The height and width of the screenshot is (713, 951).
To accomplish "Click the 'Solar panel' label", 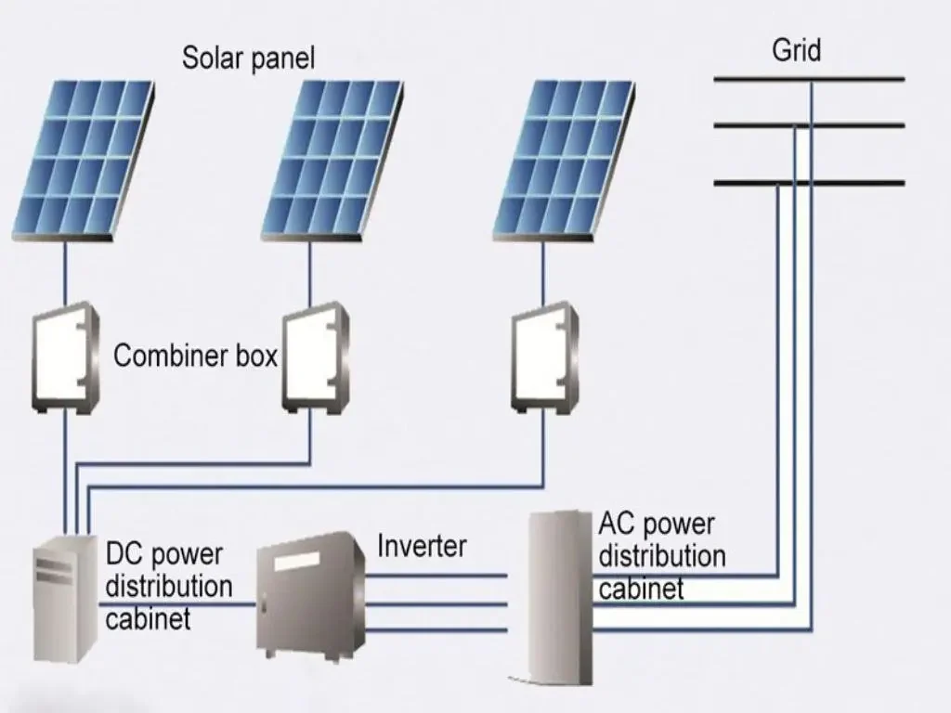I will point(248,58).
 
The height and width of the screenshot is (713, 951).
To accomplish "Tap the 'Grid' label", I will point(796,50).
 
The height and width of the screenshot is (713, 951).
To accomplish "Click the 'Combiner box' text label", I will point(195,356).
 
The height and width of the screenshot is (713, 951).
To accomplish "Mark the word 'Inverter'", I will point(421,546).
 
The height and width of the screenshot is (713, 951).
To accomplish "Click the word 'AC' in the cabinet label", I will point(617,525).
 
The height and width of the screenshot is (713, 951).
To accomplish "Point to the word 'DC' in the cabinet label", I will point(124,554).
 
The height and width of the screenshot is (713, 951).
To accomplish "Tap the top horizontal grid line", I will point(808,80).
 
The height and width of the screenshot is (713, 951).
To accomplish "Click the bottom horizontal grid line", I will point(808,183).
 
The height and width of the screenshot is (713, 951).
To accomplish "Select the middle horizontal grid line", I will point(808,125).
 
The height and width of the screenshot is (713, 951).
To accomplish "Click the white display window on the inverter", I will point(296,561).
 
